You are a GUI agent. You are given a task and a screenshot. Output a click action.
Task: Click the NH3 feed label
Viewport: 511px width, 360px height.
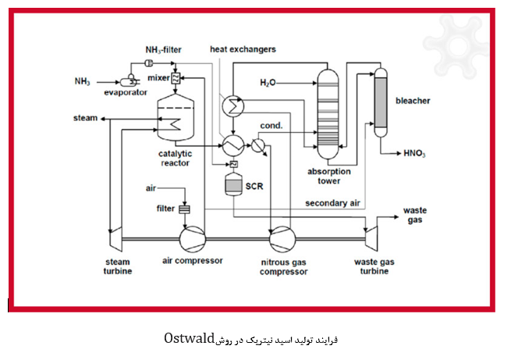click(x=82, y=81)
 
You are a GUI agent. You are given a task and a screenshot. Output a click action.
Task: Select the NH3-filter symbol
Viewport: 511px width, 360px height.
click(x=148, y=63)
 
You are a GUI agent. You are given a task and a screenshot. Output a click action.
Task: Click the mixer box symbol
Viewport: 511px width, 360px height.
click(x=176, y=78)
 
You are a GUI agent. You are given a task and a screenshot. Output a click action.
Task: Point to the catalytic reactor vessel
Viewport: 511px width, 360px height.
click(x=176, y=117)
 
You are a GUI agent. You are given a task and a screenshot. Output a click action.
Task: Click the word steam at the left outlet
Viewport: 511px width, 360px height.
click(x=85, y=118)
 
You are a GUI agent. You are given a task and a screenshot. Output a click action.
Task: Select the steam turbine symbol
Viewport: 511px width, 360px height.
click(x=115, y=239)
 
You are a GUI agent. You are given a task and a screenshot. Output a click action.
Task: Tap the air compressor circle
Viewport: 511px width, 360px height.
click(x=193, y=239)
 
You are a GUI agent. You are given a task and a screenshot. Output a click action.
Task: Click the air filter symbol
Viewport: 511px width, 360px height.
click(x=184, y=209)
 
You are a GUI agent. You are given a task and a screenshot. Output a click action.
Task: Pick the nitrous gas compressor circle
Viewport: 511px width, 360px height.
click(x=282, y=239)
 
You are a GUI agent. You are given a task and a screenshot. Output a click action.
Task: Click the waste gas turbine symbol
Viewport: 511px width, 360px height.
click(x=371, y=239)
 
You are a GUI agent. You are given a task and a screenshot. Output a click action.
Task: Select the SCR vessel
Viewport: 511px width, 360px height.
click(x=234, y=184)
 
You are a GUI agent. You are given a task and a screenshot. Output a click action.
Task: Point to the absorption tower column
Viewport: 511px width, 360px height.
click(x=328, y=114)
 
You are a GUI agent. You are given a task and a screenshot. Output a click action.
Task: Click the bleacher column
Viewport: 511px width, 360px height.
click(x=381, y=102)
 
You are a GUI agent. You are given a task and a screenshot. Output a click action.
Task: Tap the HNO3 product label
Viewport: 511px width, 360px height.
click(x=414, y=153)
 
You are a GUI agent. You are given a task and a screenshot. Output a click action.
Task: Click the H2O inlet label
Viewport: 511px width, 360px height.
click(x=268, y=83)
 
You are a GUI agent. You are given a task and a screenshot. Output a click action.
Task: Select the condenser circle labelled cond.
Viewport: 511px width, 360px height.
click(x=258, y=145)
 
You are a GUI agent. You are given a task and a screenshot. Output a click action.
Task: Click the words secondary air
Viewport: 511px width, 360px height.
click(x=332, y=203)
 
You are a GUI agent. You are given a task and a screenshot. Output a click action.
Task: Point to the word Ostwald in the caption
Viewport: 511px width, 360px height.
click(x=190, y=338)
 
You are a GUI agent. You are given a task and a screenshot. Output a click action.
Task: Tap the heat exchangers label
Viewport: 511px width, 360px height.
click(x=243, y=49)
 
